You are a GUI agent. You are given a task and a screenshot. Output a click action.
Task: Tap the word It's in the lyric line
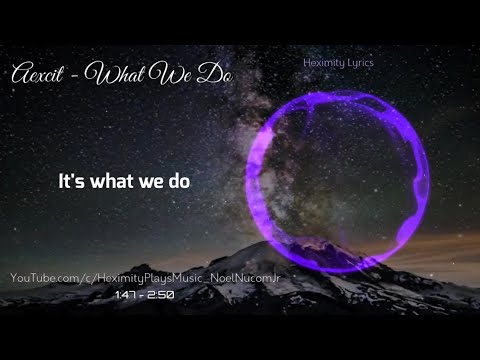[73, 182]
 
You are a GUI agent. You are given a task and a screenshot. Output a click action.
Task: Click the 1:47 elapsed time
[127, 297]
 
